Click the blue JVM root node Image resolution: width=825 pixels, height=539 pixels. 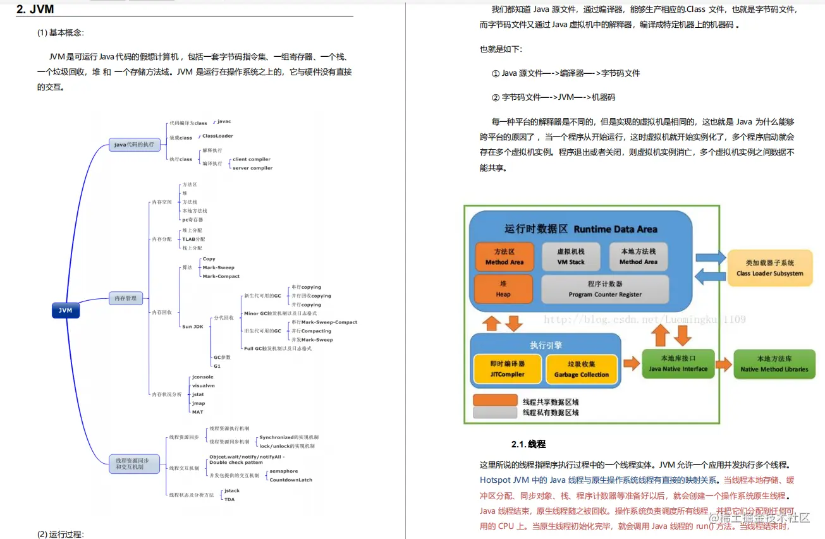[x=65, y=310]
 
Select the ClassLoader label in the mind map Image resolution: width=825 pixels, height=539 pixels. [x=217, y=136]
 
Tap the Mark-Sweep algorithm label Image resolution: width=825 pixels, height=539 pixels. [x=218, y=267]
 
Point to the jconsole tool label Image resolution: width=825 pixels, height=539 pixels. [x=202, y=377]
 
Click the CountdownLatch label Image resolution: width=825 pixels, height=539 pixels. [x=291, y=480]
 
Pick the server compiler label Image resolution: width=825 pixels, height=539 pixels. [x=252, y=168]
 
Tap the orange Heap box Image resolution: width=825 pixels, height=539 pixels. [x=503, y=289]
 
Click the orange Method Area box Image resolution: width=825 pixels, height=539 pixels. [x=504, y=256]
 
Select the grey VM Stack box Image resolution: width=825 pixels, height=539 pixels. [x=571, y=256]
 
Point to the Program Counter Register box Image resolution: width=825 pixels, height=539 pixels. [x=604, y=289]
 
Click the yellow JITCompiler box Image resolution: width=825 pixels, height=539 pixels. [x=507, y=369]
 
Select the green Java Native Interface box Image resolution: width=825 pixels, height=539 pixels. [x=678, y=363]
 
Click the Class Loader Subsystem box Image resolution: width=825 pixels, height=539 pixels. [x=769, y=268]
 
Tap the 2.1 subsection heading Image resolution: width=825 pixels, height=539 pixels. [x=528, y=444]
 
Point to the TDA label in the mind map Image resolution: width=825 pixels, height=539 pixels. [x=229, y=499]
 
